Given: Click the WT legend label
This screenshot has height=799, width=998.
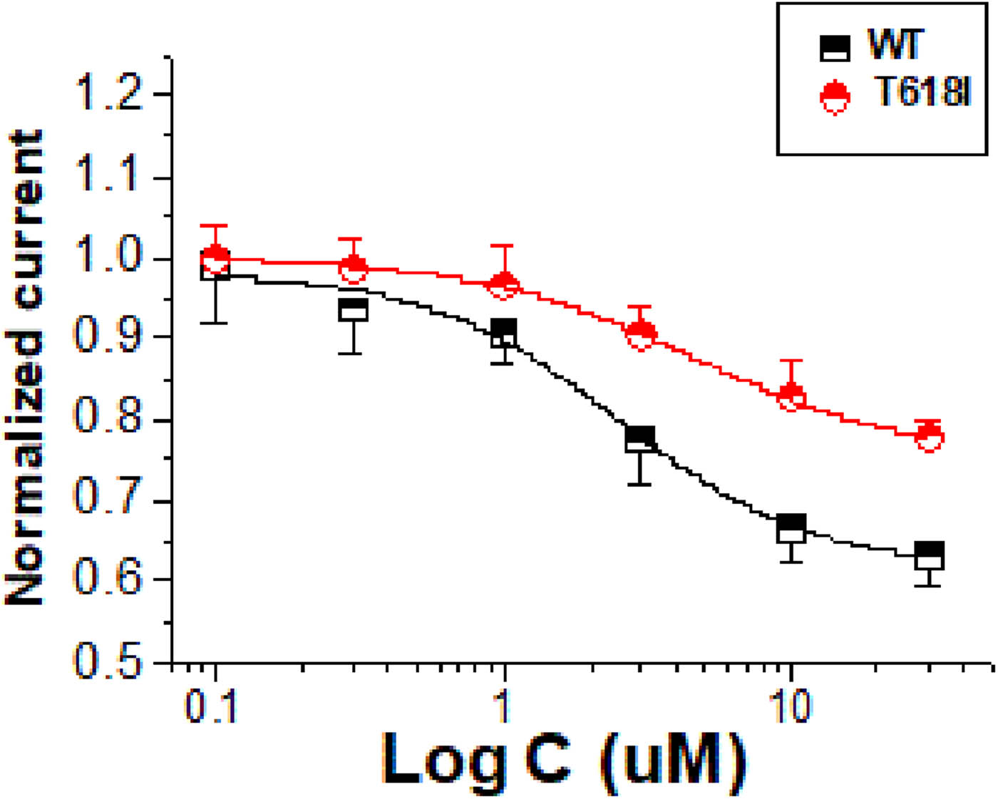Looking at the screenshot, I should (x=895, y=45).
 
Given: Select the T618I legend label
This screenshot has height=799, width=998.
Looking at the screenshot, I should (x=922, y=92).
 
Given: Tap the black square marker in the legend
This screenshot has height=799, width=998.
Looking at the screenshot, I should (x=834, y=48).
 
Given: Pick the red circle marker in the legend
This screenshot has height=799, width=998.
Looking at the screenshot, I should (x=834, y=98).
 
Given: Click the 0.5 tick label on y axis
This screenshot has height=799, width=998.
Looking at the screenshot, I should (x=109, y=662).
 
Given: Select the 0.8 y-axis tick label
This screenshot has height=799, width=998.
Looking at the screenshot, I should (x=109, y=419).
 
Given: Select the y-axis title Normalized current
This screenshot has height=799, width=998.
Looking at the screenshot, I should (x=25, y=368).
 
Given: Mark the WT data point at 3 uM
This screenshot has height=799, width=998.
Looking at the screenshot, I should (x=639, y=440).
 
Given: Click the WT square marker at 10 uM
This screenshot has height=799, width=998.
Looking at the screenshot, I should (x=791, y=528).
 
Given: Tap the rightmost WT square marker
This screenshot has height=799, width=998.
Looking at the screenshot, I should (x=929, y=556).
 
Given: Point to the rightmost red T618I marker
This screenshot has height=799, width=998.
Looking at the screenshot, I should (x=929, y=435).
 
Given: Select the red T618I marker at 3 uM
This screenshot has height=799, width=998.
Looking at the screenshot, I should (x=641, y=334).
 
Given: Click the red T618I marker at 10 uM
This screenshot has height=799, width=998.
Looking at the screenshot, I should (x=791, y=396).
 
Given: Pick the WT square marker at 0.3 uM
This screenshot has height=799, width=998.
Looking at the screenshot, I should (x=353, y=309).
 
